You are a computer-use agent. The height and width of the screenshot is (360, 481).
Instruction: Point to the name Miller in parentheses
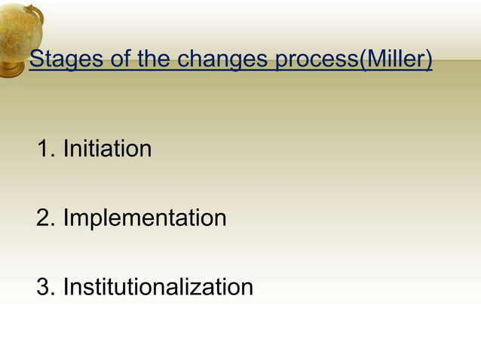pos(396,59)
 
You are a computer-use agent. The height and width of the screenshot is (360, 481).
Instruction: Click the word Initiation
pos(107,148)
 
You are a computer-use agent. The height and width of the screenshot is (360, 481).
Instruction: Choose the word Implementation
pos(145,218)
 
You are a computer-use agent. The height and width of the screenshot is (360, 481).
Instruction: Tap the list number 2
pos(44,218)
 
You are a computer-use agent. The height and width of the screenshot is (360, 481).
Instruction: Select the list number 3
pos(44,287)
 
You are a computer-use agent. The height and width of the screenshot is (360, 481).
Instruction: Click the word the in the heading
pos(154,59)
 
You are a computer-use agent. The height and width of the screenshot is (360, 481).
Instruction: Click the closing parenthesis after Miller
pos(429,60)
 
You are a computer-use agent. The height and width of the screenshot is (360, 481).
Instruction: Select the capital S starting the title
pos(35,59)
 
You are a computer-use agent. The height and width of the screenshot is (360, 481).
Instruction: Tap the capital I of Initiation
pos(66,148)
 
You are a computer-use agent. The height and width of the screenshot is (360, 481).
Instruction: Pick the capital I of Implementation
pos(66,218)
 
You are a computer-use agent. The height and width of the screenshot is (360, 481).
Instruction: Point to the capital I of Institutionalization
pos(66,287)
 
